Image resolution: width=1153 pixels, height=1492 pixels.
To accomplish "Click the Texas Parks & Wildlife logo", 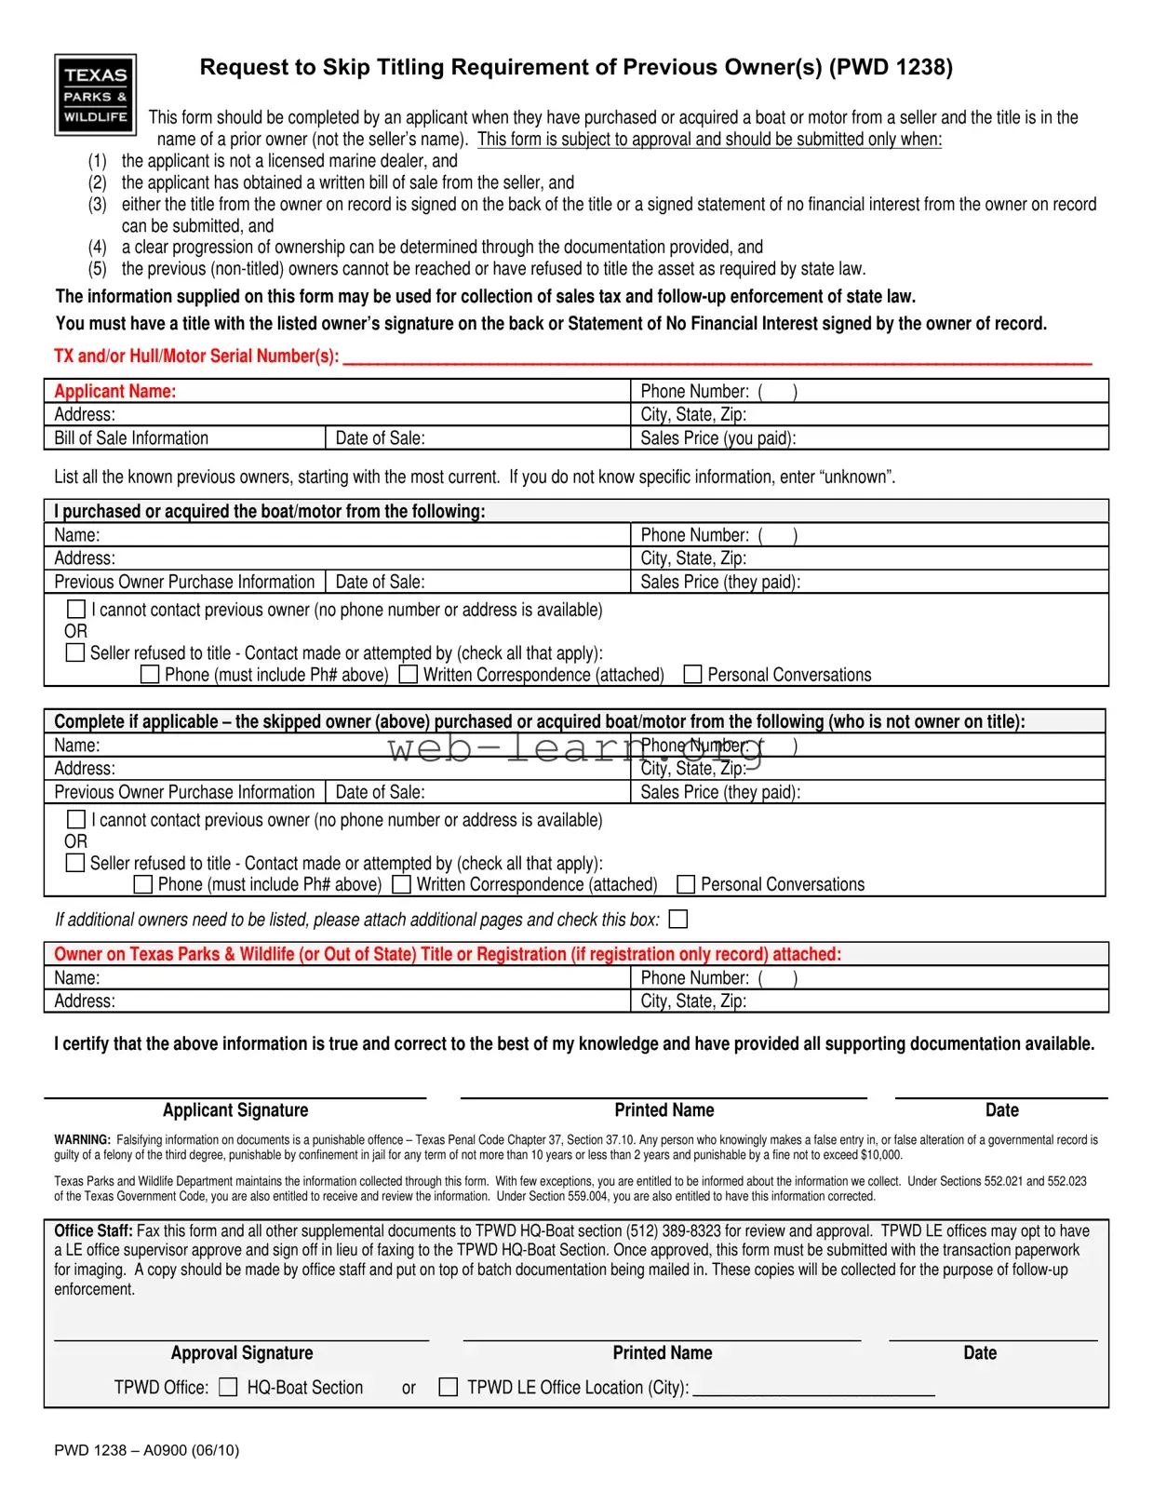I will pyautogui.click(x=95, y=95).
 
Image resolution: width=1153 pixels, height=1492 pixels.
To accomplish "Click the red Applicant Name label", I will pyautogui.click(x=114, y=392).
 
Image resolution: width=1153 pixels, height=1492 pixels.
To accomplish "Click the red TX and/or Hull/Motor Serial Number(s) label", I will pyautogui.click(x=196, y=356).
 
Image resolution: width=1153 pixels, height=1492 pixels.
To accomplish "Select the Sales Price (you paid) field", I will pyautogui.click(x=869, y=438).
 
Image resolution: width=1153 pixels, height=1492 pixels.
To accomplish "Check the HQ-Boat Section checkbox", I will pyautogui.click(x=228, y=1387).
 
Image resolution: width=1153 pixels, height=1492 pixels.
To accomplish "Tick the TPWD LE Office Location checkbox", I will pyautogui.click(x=449, y=1387).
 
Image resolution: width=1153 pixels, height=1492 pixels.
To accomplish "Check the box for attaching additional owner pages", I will pyautogui.click(x=678, y=920).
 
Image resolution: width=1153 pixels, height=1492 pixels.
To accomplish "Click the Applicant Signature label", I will pyautogui.click(x=235, y=1110).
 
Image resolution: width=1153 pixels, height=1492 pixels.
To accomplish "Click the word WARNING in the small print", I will pyautogui.click(x=82, y=1140).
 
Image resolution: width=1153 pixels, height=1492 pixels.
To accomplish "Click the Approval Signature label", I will pyautogui.click(x=242, y=1353).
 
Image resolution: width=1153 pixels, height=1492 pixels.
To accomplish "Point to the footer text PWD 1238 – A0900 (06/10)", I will pyautogui.click(x=146, y=1450).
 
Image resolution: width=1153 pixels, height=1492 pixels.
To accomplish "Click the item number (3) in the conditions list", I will pyautogui.click(x=98, y=205).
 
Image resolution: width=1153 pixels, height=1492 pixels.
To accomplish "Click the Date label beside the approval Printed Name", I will pyautogui.click(x=980, y=1353).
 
